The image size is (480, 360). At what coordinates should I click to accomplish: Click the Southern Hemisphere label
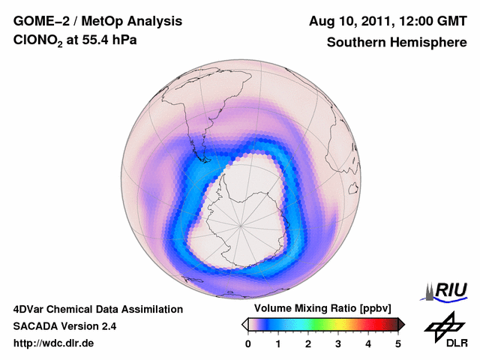pos(396,43)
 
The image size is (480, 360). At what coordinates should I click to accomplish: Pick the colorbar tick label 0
pos(248,343)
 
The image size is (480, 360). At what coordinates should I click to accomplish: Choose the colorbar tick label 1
pos(278,343)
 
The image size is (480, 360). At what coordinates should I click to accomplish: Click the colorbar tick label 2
pos(308,343)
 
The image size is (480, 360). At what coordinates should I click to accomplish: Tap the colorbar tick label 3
pos(338,343)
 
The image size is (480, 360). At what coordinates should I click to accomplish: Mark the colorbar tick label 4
pos(368,343)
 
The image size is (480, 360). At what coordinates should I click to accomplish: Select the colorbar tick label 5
pos(398,343)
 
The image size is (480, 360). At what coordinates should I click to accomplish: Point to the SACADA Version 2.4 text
pos(64,326)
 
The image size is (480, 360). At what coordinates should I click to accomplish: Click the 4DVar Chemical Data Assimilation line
pos(97,309)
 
